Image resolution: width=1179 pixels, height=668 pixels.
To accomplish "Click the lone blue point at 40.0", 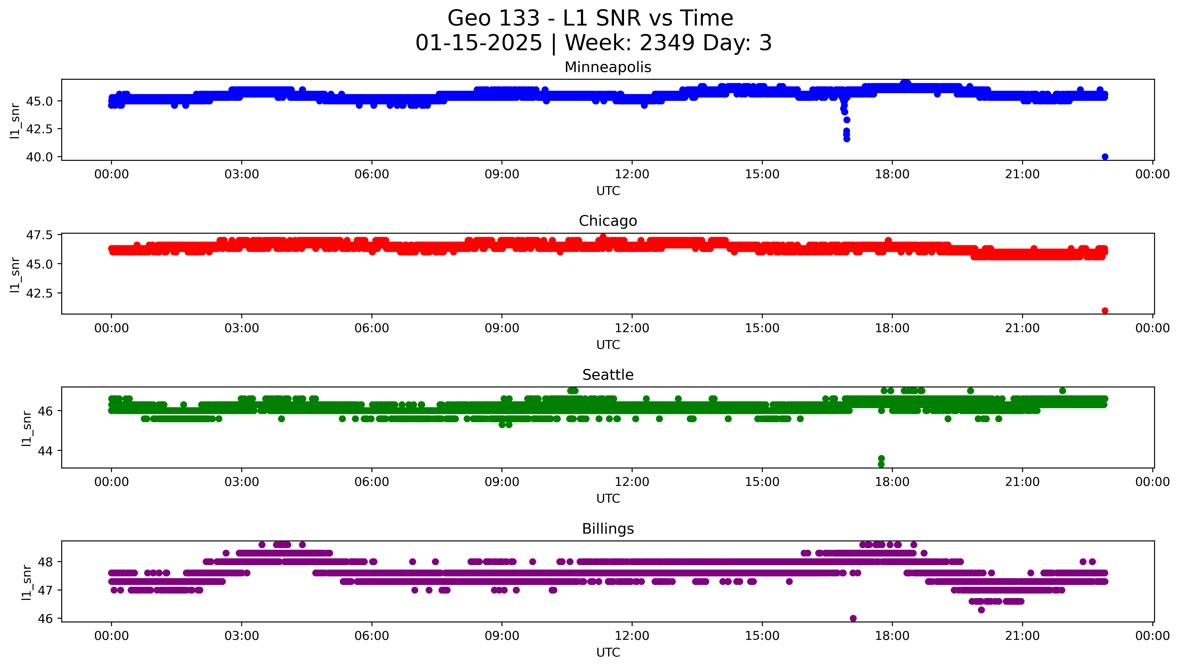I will click(x=1105, y=157).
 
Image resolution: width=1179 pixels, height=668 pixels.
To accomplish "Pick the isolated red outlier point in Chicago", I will click(x=1105, y=311).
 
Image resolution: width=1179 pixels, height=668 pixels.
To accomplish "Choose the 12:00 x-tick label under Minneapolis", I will click(x=632, y=174).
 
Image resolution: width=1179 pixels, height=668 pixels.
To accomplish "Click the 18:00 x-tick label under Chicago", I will click(x=892, y=328).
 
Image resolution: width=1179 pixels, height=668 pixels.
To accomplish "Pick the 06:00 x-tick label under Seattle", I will click(x=372, y=482).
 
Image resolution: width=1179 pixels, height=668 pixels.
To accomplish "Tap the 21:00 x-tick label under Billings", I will click(x=1022, y=636).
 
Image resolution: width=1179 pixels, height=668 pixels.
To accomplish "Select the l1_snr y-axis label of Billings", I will click(x=27, y=582).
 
